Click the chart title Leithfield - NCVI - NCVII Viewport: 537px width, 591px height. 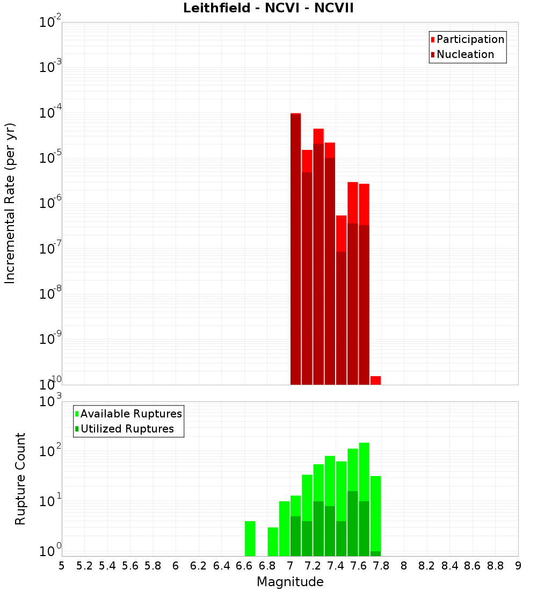[x=268, y=9]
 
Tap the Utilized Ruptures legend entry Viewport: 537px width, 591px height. [x=127, y=429]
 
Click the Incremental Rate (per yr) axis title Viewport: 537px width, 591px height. [x=10, y=204]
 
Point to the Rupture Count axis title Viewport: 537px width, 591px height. [x=20, y=479]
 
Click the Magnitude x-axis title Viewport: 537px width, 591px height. [x=290, y=582]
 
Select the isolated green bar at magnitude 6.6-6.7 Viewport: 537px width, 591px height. [x=250, y=538]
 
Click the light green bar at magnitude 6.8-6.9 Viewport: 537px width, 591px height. [x=273, y=542]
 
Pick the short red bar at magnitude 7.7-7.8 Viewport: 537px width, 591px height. [x=375, y=380]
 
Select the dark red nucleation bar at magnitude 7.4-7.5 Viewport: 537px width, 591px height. [x=341, y=318]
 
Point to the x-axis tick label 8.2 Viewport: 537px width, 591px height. [x=427, y=566]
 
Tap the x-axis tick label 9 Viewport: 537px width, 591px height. [x=518, y=566]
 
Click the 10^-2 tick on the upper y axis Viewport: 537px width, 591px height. [x=50, y=23]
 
